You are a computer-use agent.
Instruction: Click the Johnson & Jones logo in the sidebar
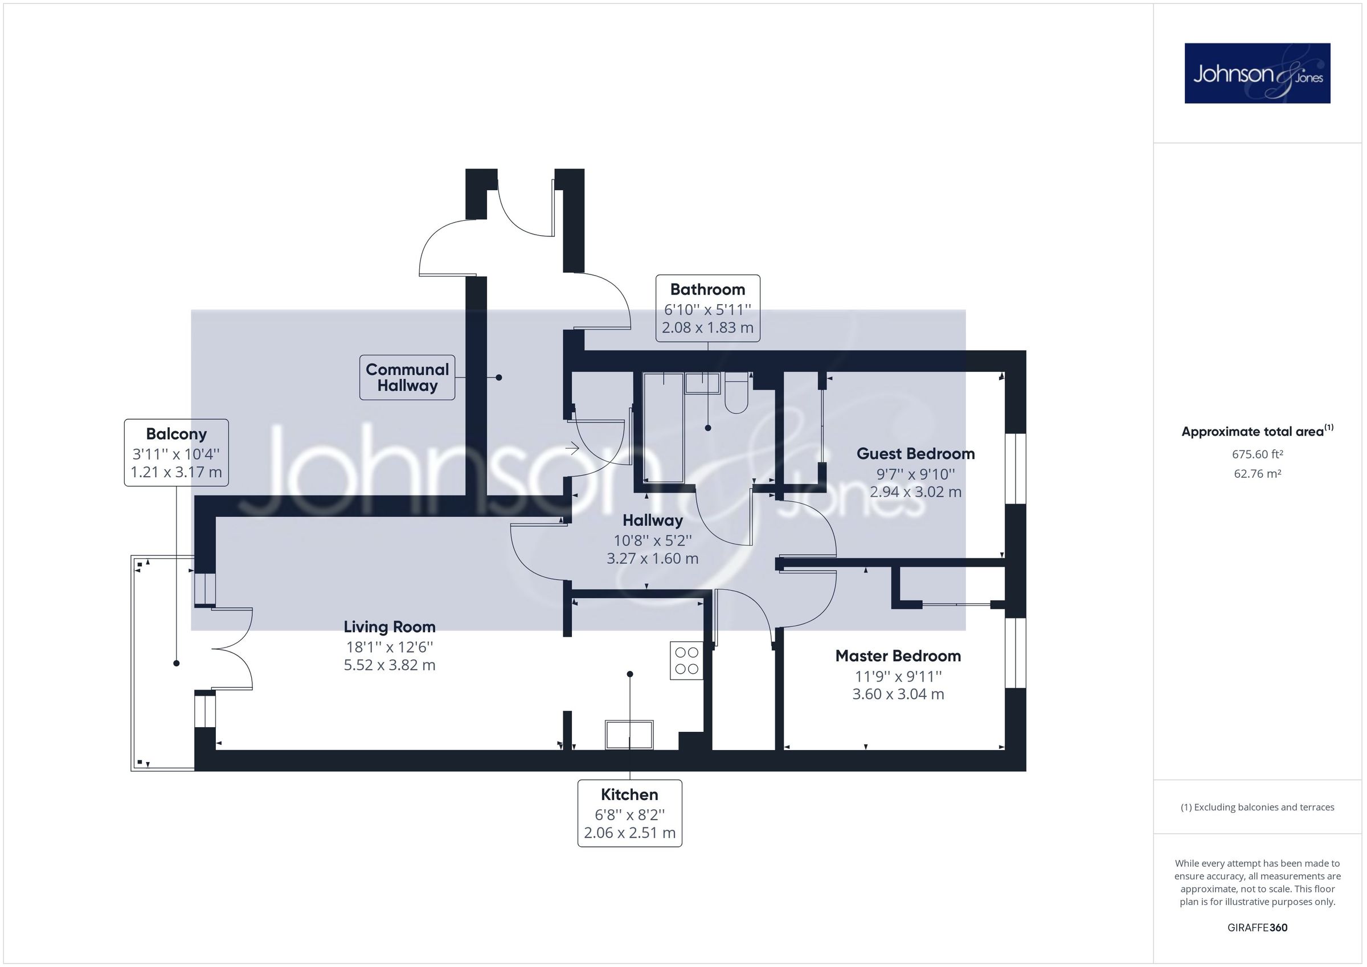pyautogui.click(x=1257, y=73)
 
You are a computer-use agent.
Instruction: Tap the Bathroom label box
pyautogui.click(x=707, y=308)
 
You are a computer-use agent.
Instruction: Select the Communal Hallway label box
pyautogui.click(x=407, y=378)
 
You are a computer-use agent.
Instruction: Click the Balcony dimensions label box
pyautogui.click(x=176, y=453)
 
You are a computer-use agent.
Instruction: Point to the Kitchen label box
pyautogui.click(x=629, y=813)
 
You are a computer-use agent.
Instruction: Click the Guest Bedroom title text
pyautogui.click(x=915, y=454)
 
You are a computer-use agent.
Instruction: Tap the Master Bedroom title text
pyautogui.click(x=898, y=656)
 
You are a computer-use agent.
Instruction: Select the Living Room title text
pyautogui.click(x=390, y=627)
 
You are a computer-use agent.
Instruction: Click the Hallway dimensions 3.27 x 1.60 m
pyautogui.click(x=653, y=559)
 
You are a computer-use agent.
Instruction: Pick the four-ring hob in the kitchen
pyautogui.click(x=686, y=661)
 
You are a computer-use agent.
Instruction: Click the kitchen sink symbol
pyautogui.click(x=629, y=734)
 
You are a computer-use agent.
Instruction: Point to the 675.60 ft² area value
pyautogui.click(x=1257, y=454)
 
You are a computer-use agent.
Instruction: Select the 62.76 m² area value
pyautogui.click(x=1257, y=474)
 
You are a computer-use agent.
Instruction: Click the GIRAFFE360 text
pyautogui.click(x=1257, y=928)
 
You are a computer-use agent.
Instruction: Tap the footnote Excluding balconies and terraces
pyautogui.click(x=1257, y=808)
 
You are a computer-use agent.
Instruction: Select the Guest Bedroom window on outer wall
pyautogui.click(x=1016, y=469)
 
